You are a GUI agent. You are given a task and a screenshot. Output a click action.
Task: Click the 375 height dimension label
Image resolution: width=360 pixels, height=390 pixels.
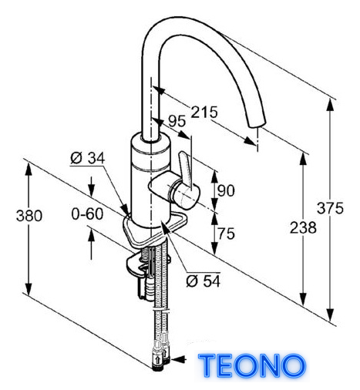pos(330,208)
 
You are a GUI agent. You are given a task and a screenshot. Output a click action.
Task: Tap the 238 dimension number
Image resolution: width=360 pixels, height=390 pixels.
pos(303,227)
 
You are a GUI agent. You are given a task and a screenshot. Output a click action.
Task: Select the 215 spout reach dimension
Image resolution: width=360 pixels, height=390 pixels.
pos(204,112)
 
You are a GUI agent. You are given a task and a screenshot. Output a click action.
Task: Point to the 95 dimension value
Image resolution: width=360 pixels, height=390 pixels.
pos(177,121)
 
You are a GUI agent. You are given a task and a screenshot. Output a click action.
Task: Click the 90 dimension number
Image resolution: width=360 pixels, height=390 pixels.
pos(226,190)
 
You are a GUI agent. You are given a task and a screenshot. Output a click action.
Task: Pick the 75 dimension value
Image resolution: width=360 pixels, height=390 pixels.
pos(227,234)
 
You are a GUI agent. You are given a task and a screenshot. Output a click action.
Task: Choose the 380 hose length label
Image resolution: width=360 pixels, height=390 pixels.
pos(29,215)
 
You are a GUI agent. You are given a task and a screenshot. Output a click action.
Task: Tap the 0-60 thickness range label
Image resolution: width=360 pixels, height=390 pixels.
pos(87,213)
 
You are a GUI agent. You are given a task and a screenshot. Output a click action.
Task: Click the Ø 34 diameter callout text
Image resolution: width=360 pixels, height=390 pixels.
pos(87,158)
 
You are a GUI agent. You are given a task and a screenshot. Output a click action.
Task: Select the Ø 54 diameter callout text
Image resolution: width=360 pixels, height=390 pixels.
pos(204,281)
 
